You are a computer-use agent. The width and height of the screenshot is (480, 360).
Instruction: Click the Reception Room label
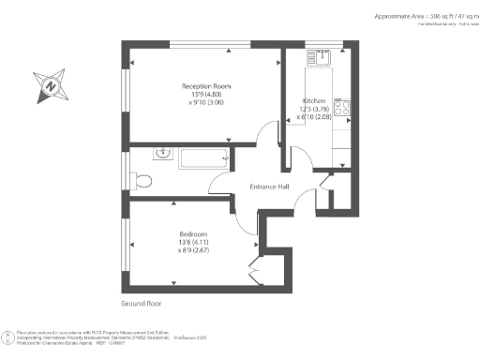(205, 86)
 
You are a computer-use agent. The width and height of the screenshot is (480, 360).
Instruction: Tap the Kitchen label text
(313, 101)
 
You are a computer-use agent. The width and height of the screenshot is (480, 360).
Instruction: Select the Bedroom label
(193, 233)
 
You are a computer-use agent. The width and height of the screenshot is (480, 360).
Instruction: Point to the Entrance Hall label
(269, 187)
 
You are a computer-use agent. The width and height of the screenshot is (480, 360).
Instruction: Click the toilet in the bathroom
(142, 178)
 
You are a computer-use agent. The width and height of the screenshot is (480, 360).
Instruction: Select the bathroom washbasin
(161, 151)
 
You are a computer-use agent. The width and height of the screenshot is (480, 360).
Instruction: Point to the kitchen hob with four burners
(342, 108)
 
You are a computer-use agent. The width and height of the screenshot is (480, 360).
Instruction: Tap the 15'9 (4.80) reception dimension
(206, 96)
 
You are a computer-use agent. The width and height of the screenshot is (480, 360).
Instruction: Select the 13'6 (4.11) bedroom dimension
(193, 243)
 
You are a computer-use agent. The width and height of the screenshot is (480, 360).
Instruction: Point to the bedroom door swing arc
(244, 218)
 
